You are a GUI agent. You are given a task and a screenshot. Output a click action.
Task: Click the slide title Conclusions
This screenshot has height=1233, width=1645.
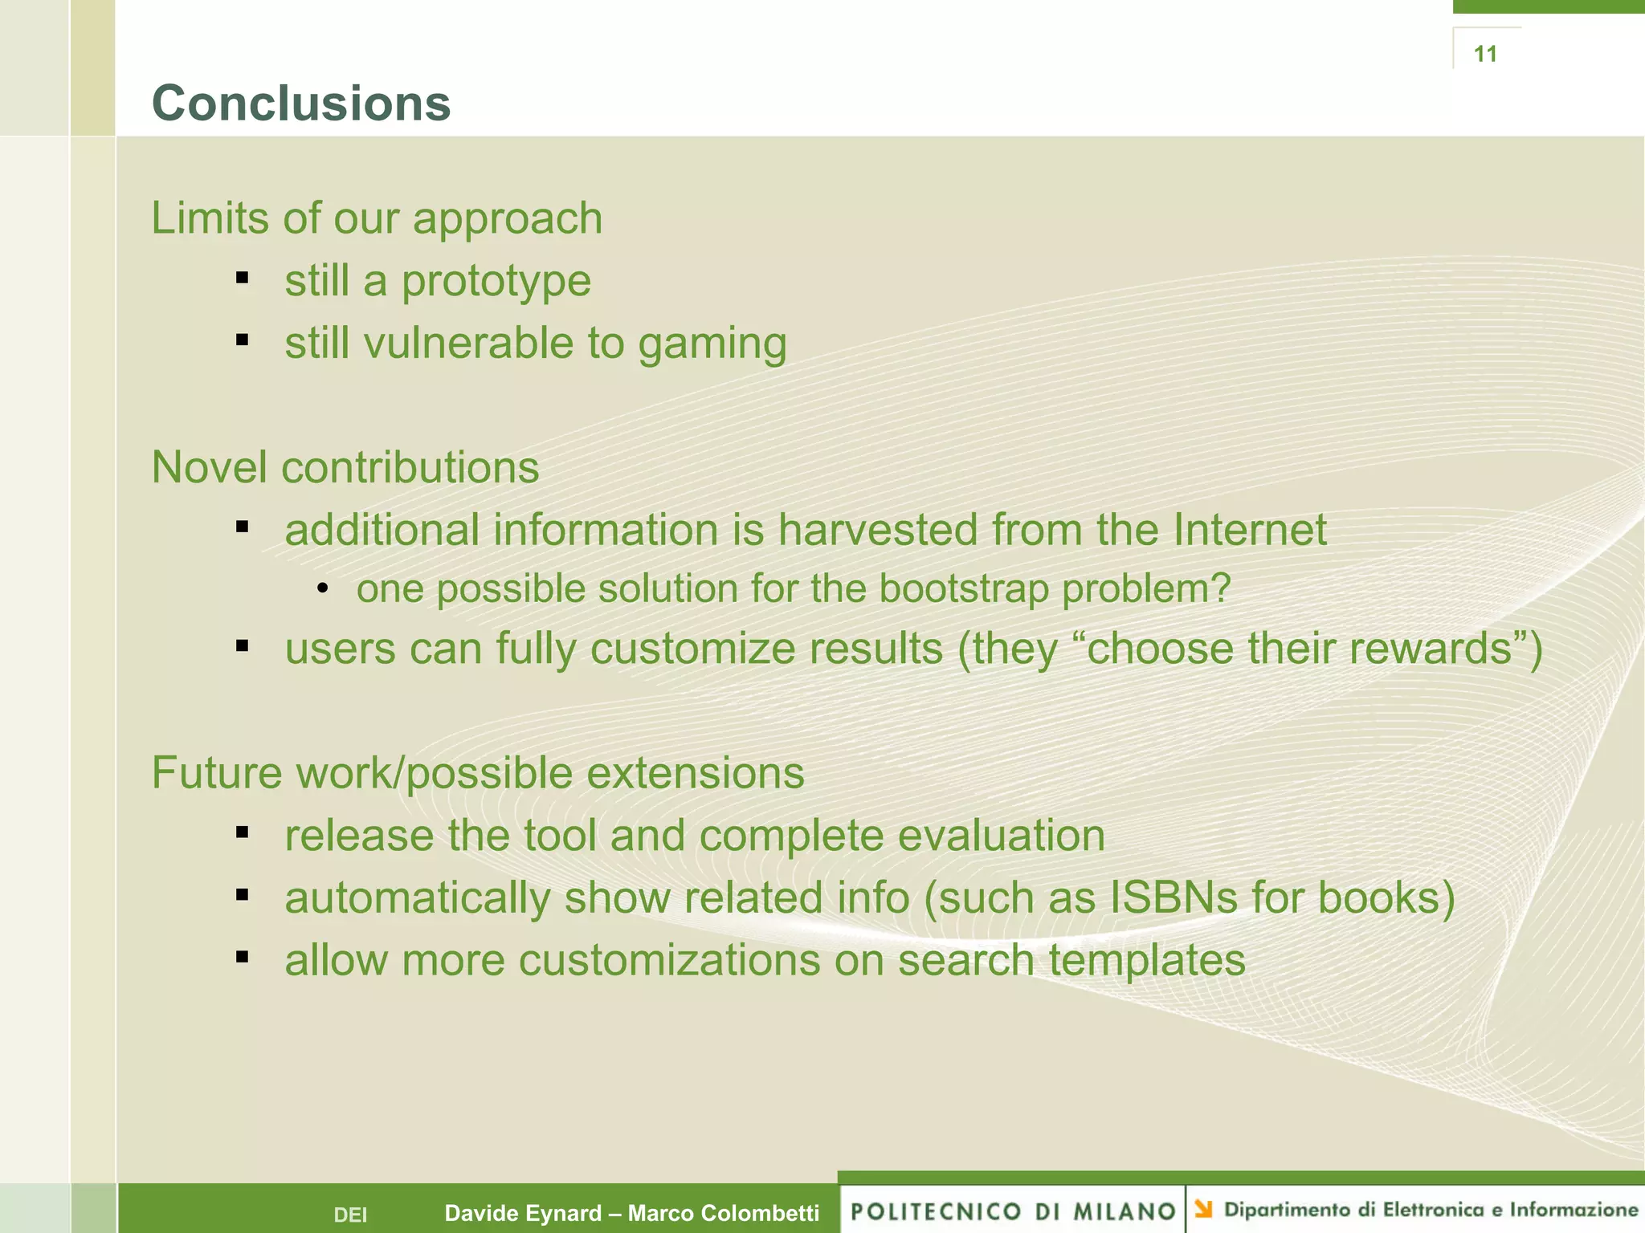(x=301, y=104)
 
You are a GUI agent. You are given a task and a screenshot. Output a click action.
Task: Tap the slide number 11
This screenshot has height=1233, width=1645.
(x=1485, y=54)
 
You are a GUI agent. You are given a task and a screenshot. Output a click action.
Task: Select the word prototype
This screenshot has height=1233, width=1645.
(x=496, y=282)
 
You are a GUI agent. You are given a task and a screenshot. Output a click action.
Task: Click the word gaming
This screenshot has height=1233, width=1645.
(x=712, y=344)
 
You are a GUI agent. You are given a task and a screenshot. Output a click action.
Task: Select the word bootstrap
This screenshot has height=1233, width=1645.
(x=964, y=588)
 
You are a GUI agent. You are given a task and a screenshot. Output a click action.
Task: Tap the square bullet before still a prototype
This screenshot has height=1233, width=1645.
(x=242, y=279)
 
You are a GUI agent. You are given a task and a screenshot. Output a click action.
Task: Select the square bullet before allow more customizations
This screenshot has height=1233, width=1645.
(x=242, y=957)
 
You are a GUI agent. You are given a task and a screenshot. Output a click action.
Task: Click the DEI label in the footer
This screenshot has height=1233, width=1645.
(x=350, y=1215)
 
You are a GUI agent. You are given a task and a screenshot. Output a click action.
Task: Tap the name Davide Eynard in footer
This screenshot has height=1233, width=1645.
(x=523, y=1213)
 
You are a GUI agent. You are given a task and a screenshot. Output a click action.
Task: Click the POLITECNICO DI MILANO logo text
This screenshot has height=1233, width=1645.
(x=1013, y=1211)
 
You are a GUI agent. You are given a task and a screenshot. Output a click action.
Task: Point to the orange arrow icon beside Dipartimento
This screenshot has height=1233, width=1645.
(x=1203, y=1208)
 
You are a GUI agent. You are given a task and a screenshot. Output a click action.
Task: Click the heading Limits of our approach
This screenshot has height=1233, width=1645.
(x=377, y=218)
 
